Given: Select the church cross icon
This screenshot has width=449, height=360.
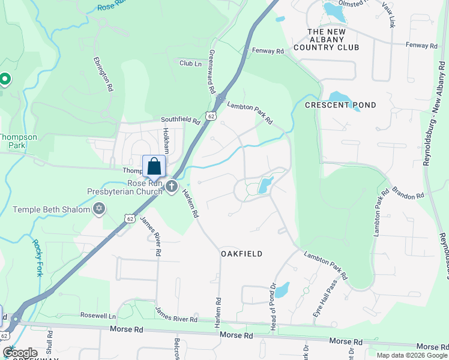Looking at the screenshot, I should click(x=171, y=187).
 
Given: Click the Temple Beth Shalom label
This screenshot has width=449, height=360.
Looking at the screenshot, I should click(x=52, y=209).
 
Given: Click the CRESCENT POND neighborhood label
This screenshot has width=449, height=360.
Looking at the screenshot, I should click(x=340, y=105).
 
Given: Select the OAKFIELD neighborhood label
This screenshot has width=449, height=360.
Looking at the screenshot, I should click(x=241, y=254).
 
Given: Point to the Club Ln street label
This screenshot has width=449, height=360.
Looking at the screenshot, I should click(x=191, y=62).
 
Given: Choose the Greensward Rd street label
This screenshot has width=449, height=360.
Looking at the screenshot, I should click(x=211, y=71).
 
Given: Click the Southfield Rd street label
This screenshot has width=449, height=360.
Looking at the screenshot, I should click(x=180, y=121).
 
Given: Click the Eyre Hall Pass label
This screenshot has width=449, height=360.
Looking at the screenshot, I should click(x=318, y=305).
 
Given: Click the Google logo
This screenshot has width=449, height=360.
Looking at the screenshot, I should click(x=20, y=353).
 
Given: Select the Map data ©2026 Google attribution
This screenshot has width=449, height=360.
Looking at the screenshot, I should click(x=411, y=355).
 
